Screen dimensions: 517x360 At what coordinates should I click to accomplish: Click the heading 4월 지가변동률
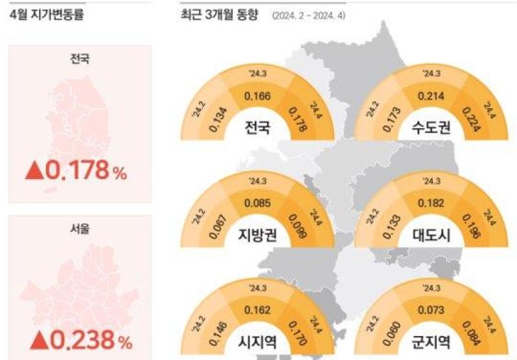(x=47, y=14)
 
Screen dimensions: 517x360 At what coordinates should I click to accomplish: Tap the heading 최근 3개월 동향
(x=220, y=14)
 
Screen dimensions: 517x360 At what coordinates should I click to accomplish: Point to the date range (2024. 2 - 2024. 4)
(x=309, y=16)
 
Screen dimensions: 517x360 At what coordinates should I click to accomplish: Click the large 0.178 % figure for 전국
(x=85, y=170)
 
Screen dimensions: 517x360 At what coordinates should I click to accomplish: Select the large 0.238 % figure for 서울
(x=90, y=340)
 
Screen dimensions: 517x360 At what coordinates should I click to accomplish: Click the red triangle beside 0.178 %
(x=35, y=172)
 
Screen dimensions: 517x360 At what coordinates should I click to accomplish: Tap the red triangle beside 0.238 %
(x=39, y=341)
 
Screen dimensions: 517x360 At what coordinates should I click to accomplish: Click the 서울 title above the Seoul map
(x=79, y=228)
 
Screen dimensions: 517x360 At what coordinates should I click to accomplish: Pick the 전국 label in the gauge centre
(x=257, y=127)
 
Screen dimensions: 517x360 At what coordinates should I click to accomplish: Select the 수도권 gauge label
(x=431, y=127)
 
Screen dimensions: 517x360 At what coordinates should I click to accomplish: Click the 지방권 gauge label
(x=257, y=235)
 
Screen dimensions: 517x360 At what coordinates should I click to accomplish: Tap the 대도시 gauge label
(x=431, y=235)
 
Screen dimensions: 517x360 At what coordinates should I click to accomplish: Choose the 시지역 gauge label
(x=257, y=342)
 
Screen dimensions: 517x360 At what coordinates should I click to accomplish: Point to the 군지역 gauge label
(x=431, y=342)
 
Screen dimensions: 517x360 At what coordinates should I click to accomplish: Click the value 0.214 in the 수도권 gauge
(x=431, y=96)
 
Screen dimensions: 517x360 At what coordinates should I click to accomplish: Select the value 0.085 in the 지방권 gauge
(x=257, y=203)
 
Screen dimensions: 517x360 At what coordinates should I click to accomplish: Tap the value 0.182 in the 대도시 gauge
(x=431, y=203)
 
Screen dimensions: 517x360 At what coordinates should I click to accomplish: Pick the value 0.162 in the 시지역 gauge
(x=257, y=310)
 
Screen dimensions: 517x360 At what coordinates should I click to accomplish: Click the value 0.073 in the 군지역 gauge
(x=431, y=310)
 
